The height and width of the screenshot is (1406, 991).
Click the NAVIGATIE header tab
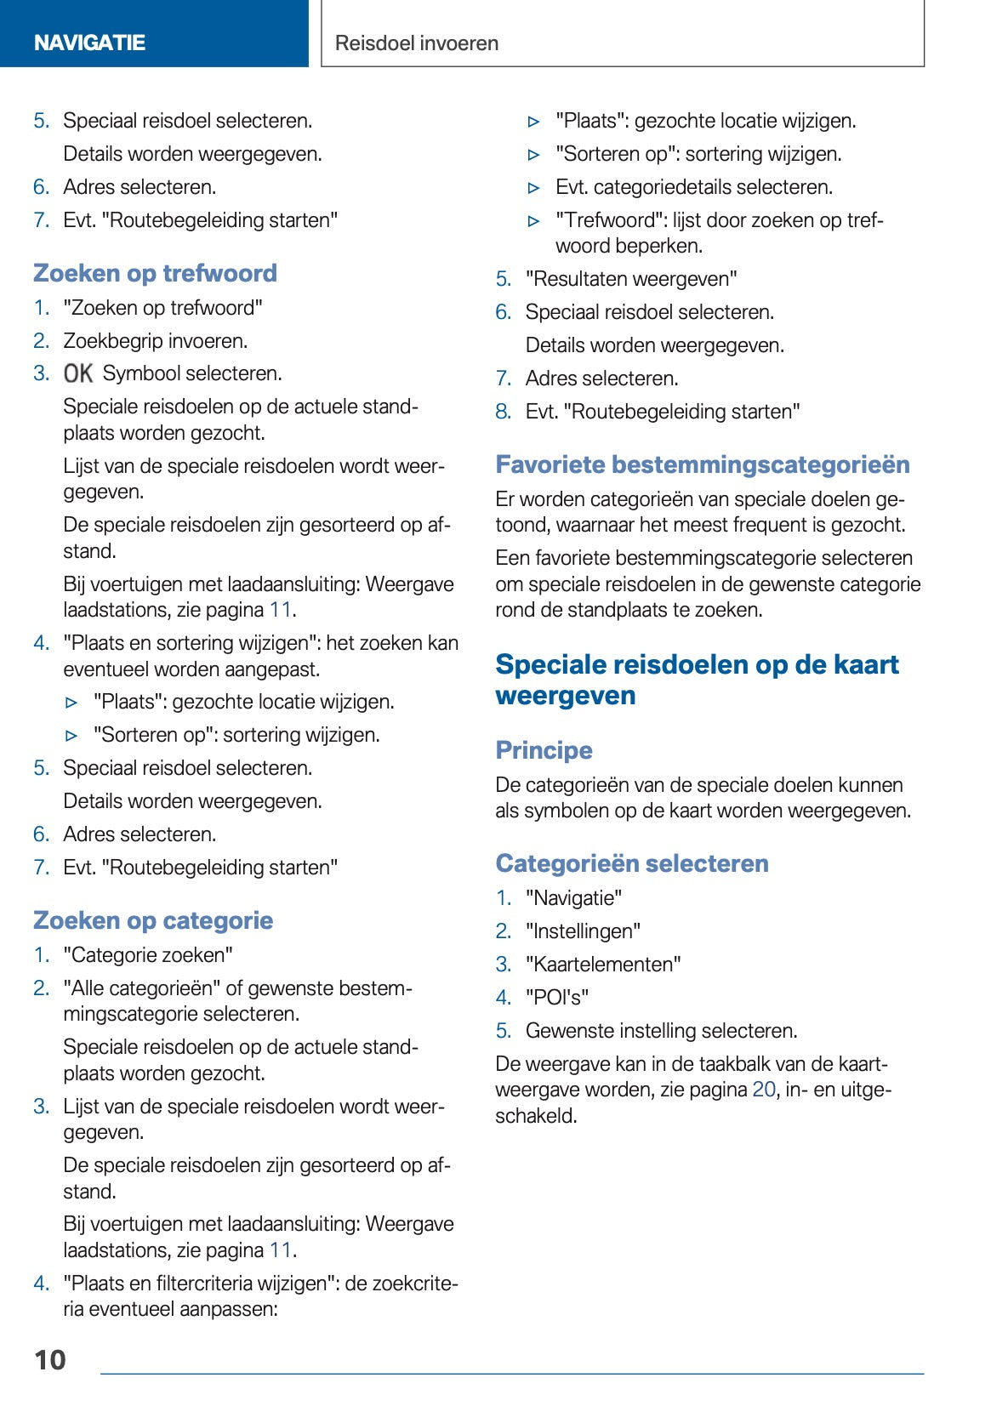[89, 43]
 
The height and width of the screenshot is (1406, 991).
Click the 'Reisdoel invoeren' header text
[416, 43]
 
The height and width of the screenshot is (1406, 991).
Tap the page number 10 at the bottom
[50, 1359]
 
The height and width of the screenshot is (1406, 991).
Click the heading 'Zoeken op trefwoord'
[155, 273]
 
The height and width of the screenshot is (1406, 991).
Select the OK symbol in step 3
[78, 373]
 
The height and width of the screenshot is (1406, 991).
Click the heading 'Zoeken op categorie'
[153, 920]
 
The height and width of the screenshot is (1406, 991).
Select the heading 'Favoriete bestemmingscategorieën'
[702, 464]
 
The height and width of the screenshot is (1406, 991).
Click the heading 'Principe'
[544, 750]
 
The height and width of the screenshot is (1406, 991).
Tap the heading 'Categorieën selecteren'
[631, 863]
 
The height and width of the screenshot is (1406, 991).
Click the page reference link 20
[763, 1090]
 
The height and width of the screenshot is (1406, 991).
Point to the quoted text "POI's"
[557, 997]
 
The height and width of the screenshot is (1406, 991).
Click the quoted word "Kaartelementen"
[603, 965]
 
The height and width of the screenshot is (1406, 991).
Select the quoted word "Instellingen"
[583, 931]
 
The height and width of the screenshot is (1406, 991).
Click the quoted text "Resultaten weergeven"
[631, 279]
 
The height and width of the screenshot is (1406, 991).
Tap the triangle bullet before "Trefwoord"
[534, 221]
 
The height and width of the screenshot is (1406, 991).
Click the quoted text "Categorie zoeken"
[148, 955]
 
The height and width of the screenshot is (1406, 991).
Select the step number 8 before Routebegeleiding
[503, 412]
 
